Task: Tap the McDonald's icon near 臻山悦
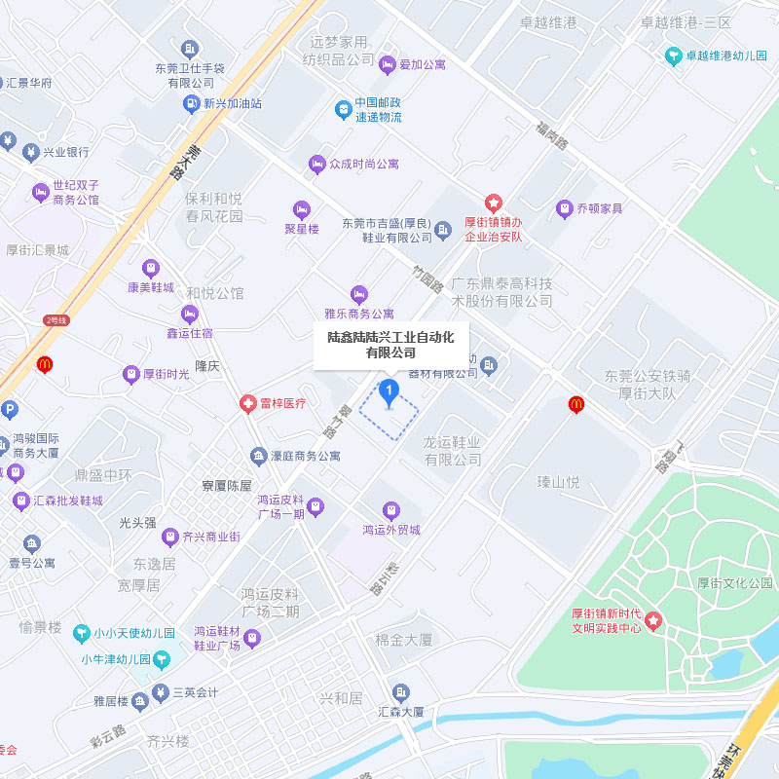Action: tap(576, 402)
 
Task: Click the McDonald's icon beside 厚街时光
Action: tap(43, 365)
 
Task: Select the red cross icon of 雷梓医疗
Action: tap(249, 403)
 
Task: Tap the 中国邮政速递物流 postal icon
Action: tap(343, 109)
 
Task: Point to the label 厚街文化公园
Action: tap(735, 582)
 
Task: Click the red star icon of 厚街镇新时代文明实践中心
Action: tap(653, 619)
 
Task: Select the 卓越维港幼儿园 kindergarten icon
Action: tap(673, 56)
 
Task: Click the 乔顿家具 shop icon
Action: tap(564, 208)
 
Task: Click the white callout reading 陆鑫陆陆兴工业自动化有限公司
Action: tap(389, 345)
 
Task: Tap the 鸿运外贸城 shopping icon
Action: tap(390, 510)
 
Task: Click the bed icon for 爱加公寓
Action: tap(388, 64)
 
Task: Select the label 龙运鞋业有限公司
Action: tap(452, 450)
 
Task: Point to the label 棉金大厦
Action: tap(404, 640)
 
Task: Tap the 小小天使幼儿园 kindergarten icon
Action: tap(83, 633)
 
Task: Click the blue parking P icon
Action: tap(8, 410)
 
